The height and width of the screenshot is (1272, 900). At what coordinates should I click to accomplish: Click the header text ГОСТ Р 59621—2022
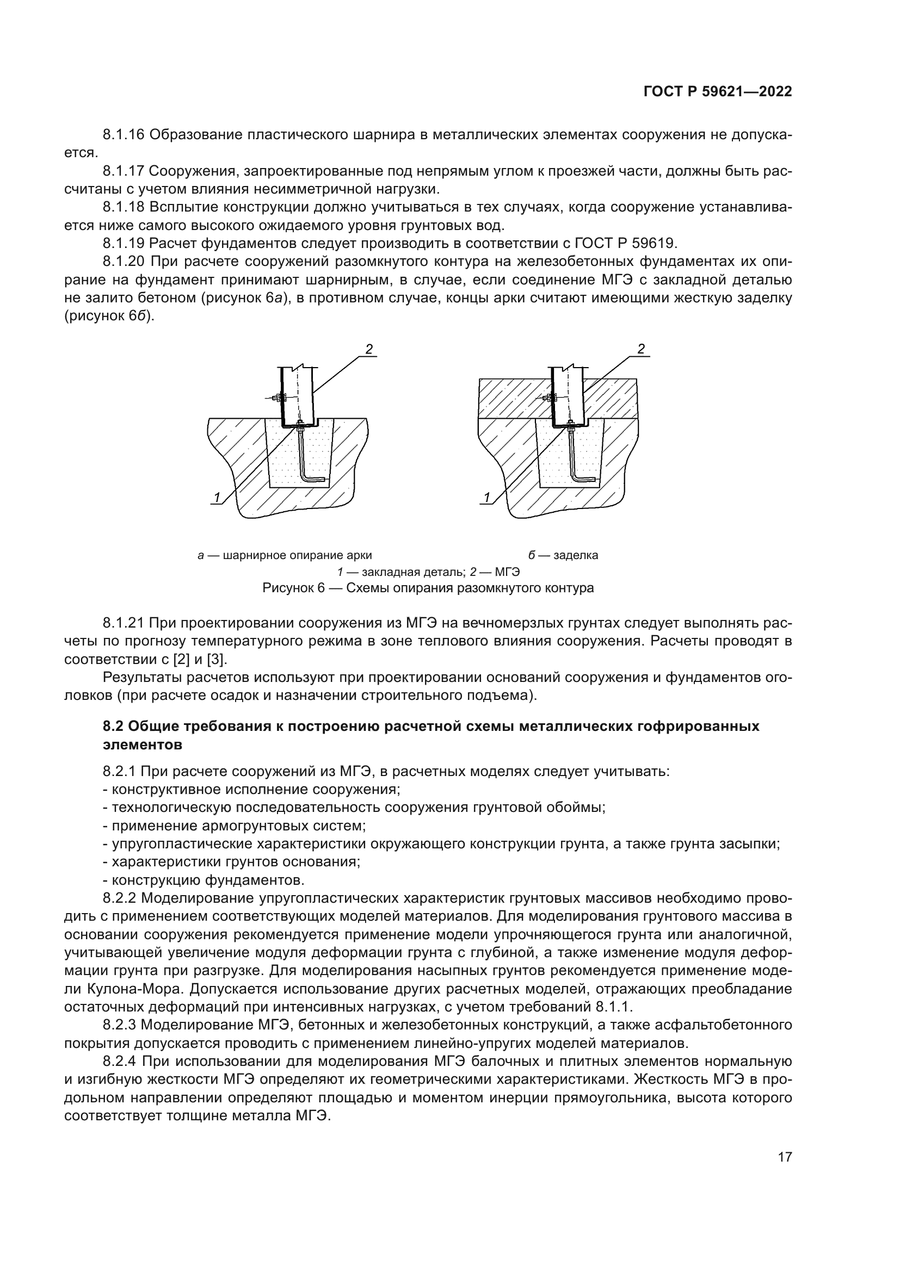tap(717, 92)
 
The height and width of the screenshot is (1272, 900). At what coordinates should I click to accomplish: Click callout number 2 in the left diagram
tap(368, 349)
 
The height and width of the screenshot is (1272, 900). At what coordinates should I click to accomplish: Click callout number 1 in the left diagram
tap(218, 498)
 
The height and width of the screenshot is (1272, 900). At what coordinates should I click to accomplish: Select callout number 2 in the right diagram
tap(641, 349)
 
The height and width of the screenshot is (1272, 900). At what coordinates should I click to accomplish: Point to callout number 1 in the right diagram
tap(487, 498)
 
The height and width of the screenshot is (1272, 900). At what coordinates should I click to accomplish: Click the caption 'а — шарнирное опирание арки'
tap(285, 555)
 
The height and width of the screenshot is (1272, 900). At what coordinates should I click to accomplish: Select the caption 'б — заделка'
tap(563, 555)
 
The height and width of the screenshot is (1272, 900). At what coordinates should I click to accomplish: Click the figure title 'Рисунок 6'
tap(293, 588)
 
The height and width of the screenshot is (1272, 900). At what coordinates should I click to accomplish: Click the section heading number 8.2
tap(113, 727)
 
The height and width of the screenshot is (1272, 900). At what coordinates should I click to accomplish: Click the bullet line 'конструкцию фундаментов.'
tap(207, 880)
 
